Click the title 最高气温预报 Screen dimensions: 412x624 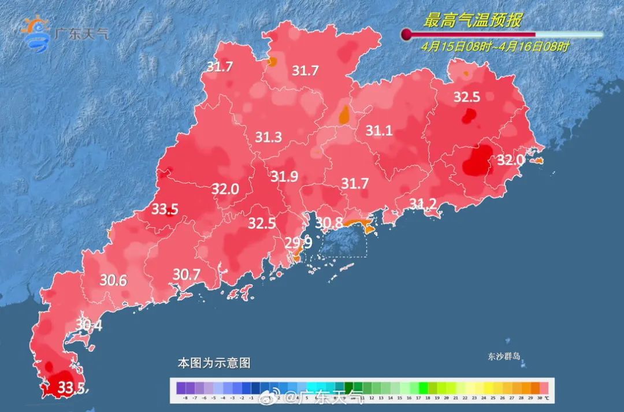[473, 21]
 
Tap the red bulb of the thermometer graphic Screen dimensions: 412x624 [407, 35]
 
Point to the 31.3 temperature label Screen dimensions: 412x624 [268, 137]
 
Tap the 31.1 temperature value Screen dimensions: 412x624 [379, 131]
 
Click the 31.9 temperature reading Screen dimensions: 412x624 [284, 177]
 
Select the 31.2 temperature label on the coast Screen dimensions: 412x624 [424, 203]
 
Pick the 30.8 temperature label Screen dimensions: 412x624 [329, 222]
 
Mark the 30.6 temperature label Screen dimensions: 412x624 [113, 280]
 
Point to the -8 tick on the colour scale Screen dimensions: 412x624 [185, 398]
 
